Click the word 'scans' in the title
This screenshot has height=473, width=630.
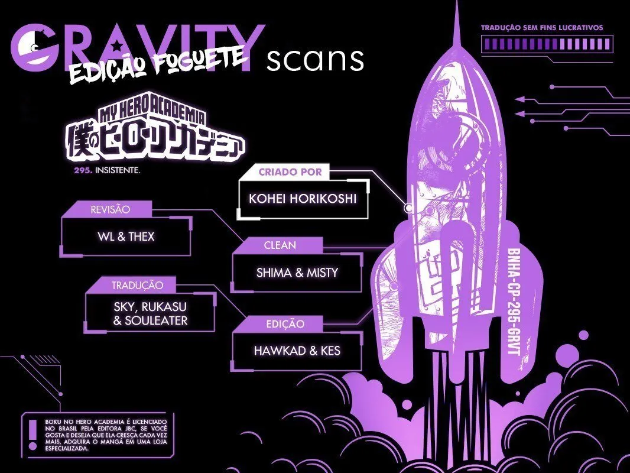[x=315, y=60]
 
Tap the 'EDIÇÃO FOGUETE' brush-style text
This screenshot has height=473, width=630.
[x=157, y=64]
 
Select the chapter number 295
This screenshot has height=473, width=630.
[x=83, y=170]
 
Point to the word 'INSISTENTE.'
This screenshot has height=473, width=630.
[x=118, y=170]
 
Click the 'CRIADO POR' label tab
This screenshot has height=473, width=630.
[x=290, y=172]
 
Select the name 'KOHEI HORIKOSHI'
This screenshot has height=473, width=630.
[x=303, y=199]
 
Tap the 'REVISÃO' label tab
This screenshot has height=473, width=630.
[x=110, y=209]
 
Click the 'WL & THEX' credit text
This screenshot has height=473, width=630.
[x=126, y=237]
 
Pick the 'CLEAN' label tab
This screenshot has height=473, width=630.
[x=280, y=245]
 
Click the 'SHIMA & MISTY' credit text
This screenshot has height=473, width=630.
[x=297, y=273]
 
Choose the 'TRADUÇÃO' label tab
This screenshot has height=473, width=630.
[x=137, y=286]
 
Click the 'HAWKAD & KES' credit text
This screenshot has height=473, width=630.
[x=297, y=351]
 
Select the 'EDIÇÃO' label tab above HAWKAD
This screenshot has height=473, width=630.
[x=285, y=324]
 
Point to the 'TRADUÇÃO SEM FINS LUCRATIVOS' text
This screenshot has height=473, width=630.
[x=542, y=28]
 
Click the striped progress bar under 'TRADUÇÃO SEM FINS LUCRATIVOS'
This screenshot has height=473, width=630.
[x=547, y=43]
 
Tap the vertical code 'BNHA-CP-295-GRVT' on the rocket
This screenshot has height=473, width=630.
[x=514, y=302]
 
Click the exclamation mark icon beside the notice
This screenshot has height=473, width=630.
[x=33, y=435]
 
